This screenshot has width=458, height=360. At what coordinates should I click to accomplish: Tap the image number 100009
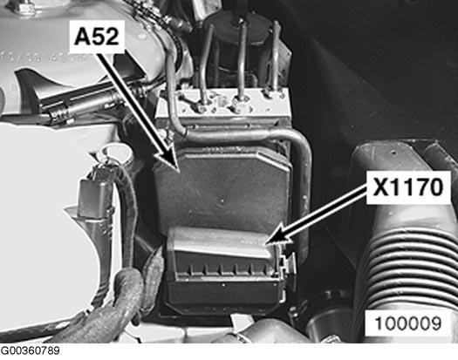tap(409, 323)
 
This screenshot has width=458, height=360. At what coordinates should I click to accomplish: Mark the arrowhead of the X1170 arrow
tap(270, 240)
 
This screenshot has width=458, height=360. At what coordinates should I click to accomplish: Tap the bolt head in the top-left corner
tap(24, 8)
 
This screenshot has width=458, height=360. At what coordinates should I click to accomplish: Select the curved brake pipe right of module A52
tap(301, 174)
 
